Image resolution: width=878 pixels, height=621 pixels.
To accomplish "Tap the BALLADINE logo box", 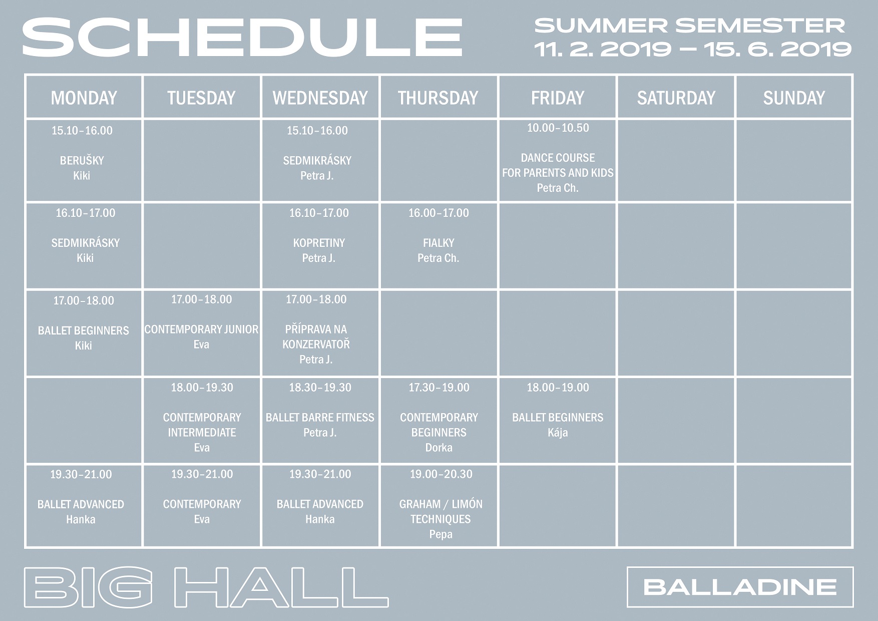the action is tap(740, 587).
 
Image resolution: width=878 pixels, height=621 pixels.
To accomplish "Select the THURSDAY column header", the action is tap(438, 98).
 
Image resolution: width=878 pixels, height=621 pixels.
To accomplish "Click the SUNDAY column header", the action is tap(794, 98).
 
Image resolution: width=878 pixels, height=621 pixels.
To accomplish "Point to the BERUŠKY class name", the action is tap(82, 161).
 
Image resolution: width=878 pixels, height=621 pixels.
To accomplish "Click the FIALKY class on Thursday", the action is tap(438, 243).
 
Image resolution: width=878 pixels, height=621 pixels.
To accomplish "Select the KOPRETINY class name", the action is tap(319, 243).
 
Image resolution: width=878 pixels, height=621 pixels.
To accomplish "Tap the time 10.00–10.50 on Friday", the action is tap(558, 128).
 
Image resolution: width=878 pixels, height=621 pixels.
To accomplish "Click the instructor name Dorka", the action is tap(439, 448).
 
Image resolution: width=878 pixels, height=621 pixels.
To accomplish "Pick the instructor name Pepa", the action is tap(441, 534).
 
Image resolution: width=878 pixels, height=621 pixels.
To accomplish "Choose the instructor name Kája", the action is tap(558, 433).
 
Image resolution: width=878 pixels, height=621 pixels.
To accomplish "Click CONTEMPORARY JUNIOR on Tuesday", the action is tap(201, 330).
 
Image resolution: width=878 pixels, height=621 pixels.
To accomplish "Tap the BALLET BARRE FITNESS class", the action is tap(320, 418).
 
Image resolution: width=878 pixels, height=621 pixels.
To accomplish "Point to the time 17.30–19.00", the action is tap(439, 388).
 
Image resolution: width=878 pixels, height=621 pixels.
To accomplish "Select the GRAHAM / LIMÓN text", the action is tap(441, 504).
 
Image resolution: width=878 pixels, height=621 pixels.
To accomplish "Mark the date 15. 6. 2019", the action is tap(778, 49).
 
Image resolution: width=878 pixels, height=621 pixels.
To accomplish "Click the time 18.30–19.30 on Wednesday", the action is tap(320, 388).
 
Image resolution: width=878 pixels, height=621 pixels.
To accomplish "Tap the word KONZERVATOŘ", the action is tap(316, 345).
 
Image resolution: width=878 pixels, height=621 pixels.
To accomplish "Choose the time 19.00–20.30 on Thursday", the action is tap(441, 474).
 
